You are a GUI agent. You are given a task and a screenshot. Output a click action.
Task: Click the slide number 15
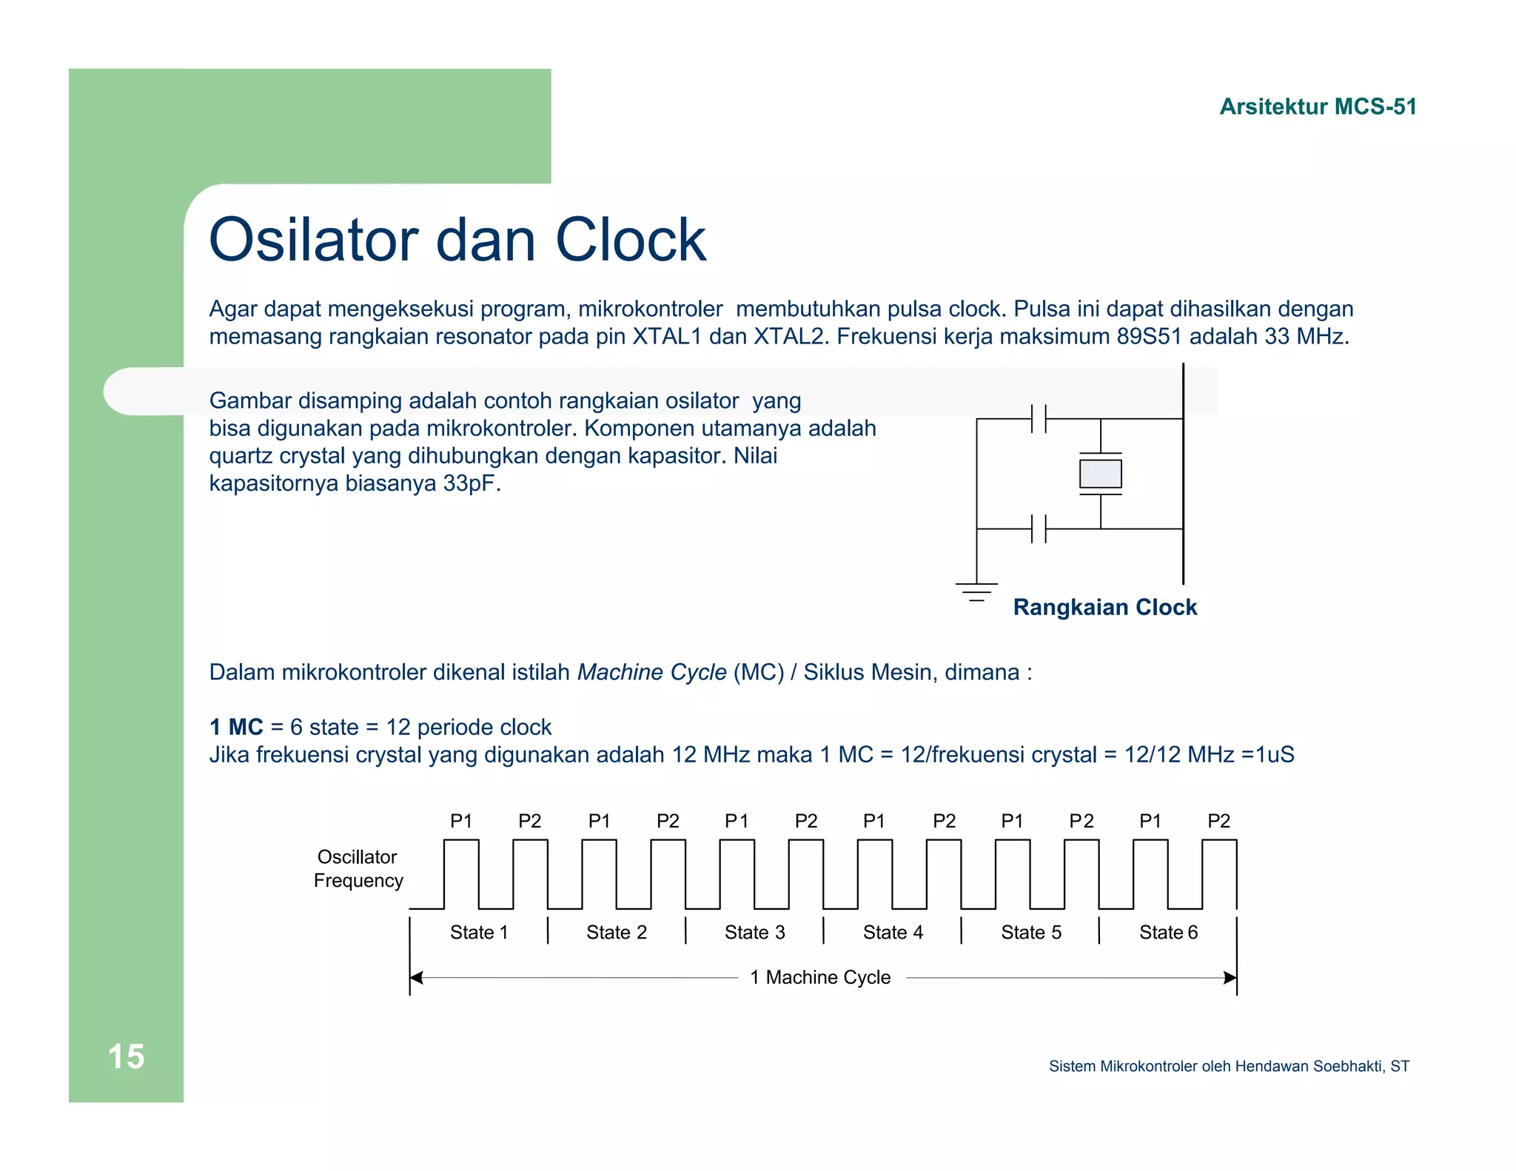(126, 1056)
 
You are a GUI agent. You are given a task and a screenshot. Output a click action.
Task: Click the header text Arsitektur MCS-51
(1318, 107)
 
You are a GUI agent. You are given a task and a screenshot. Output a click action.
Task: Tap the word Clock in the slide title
(631, 240)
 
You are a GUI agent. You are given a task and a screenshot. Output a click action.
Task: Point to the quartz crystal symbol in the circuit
(1100, 474)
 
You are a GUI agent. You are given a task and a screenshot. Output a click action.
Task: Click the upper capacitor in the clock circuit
(1038, 419)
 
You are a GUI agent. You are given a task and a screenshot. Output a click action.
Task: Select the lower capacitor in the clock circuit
(1038, 529)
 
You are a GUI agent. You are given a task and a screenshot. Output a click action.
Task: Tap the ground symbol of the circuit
(976, 591)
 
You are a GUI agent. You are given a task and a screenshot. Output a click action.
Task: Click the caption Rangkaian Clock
(1104, 607)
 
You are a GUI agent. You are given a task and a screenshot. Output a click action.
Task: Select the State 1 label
(479, 933)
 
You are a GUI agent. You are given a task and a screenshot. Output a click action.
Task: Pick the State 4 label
(893, 933)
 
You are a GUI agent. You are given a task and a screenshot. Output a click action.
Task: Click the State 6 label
(1168, 933)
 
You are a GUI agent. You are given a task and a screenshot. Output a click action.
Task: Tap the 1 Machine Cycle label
(820, 978)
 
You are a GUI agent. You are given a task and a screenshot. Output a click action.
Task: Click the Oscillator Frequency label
(358, 869)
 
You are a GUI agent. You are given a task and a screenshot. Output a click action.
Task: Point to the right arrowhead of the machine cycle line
(1230, 978)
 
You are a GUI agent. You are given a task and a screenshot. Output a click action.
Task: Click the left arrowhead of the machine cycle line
(417, 978)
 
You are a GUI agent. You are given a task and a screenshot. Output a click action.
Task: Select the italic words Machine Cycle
(651, 672)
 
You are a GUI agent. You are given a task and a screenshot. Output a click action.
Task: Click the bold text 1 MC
(236, 727)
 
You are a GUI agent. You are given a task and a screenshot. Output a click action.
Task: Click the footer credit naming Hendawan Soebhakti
(1229, 1066)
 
